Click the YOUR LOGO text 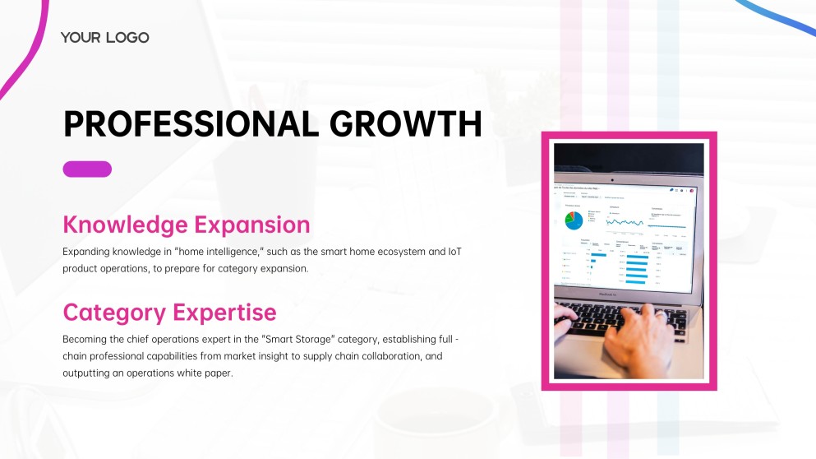tap(104, 37)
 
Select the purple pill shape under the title tap(87, 169)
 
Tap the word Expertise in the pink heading tap(224, 313)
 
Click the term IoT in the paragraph tap(454, 251)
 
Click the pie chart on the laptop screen tap(574, 220)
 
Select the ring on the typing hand tap(661, 313)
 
